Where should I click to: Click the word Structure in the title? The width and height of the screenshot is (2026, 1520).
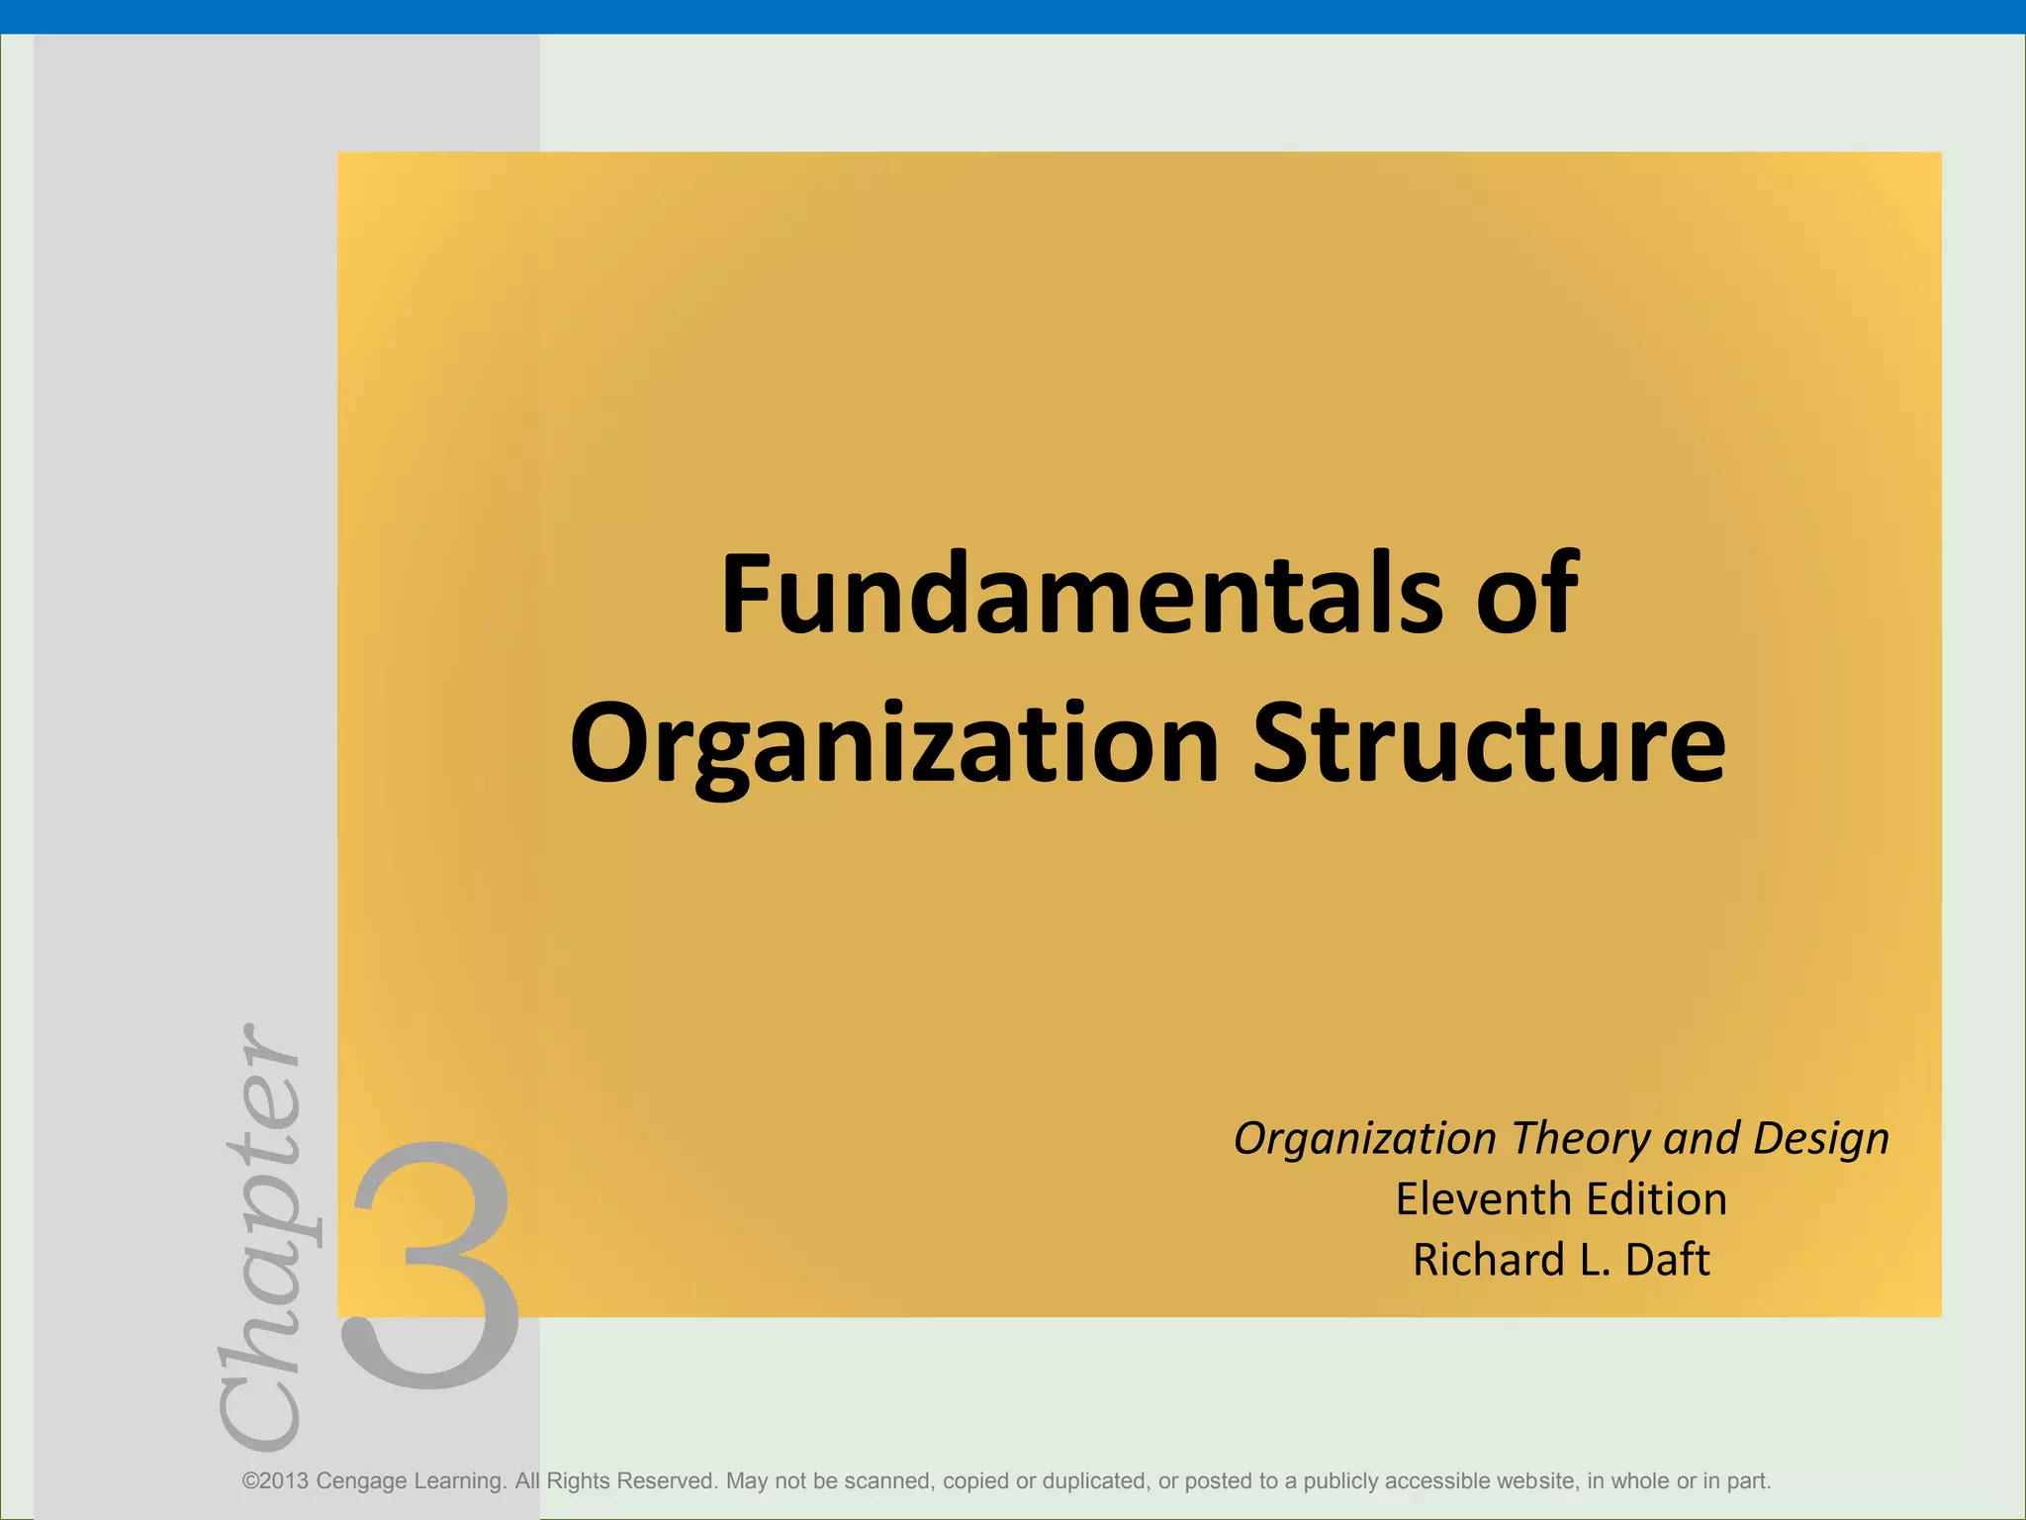coord(1489,743)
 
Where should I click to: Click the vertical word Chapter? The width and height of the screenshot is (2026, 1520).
coord(259,1238)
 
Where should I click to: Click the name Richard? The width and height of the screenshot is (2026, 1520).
coord(1488,1260)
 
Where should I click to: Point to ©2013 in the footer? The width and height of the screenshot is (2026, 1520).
coord(275,1481)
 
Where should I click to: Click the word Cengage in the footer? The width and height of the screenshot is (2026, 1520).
coord(361,1481)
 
